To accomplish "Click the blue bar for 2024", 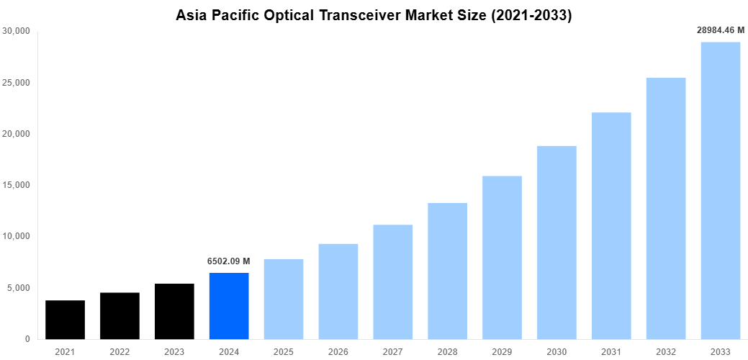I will click(x=229, y=306).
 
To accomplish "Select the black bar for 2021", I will click(x=65, y=320).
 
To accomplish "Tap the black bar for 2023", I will click(x=174, y=311).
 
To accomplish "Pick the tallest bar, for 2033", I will click(x=721, y=191).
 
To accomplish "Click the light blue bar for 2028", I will click(x=447, y=271).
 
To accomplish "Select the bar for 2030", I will click(x=557, y=243).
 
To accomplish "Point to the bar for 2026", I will click(x=338, y=292).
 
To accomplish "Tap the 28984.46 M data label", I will click(x=721, y=30).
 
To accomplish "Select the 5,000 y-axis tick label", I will click(x=18, y=288).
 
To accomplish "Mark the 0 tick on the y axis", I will click(x=27, y=339).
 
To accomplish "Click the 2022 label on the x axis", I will click(x=120, y=352).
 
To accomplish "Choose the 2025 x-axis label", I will click(x=284, y=352).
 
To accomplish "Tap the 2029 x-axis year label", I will click(x=502, y=352).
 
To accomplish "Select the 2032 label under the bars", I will click(x=666, y=352).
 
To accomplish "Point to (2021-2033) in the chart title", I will click(x=531, y=16).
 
